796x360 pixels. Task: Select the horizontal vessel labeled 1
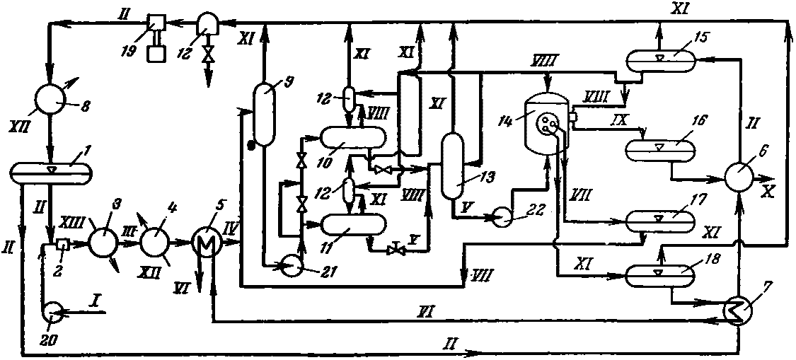51,173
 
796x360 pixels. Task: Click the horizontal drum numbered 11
352,225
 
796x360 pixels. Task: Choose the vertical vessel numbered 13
452,166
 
